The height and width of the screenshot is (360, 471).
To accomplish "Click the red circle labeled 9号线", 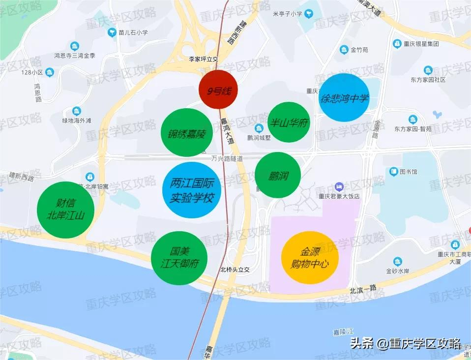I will (x=218, y=90).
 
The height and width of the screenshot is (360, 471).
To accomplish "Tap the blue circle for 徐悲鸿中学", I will (x=344, y=98).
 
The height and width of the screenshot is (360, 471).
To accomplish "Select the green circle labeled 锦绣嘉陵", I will (x=186, y=133).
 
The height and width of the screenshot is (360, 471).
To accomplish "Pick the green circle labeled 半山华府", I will (x=289, y=122).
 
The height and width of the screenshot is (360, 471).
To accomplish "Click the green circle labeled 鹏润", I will (x=278, y=175).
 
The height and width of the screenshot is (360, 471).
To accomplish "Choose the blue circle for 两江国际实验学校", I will (x=191, y=190).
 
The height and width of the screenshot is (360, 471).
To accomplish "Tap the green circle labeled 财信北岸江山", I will (x=66, y=210).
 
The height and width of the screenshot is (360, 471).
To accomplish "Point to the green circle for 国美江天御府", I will (x=179, y=258).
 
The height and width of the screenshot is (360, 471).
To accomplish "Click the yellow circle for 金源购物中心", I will (x=310, y=258).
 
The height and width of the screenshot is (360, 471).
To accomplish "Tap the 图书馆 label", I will (x=408, y=172).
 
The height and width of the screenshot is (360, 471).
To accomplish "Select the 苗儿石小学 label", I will (x=133, y=33).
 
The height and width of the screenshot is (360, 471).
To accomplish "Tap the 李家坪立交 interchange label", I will (x=204, y=59).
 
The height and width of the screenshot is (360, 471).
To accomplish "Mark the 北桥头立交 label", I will (x=235, y=270).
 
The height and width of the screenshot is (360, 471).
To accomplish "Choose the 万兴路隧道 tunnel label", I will (x=227, y=158).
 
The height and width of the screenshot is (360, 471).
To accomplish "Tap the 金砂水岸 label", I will (x=398, y=271).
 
